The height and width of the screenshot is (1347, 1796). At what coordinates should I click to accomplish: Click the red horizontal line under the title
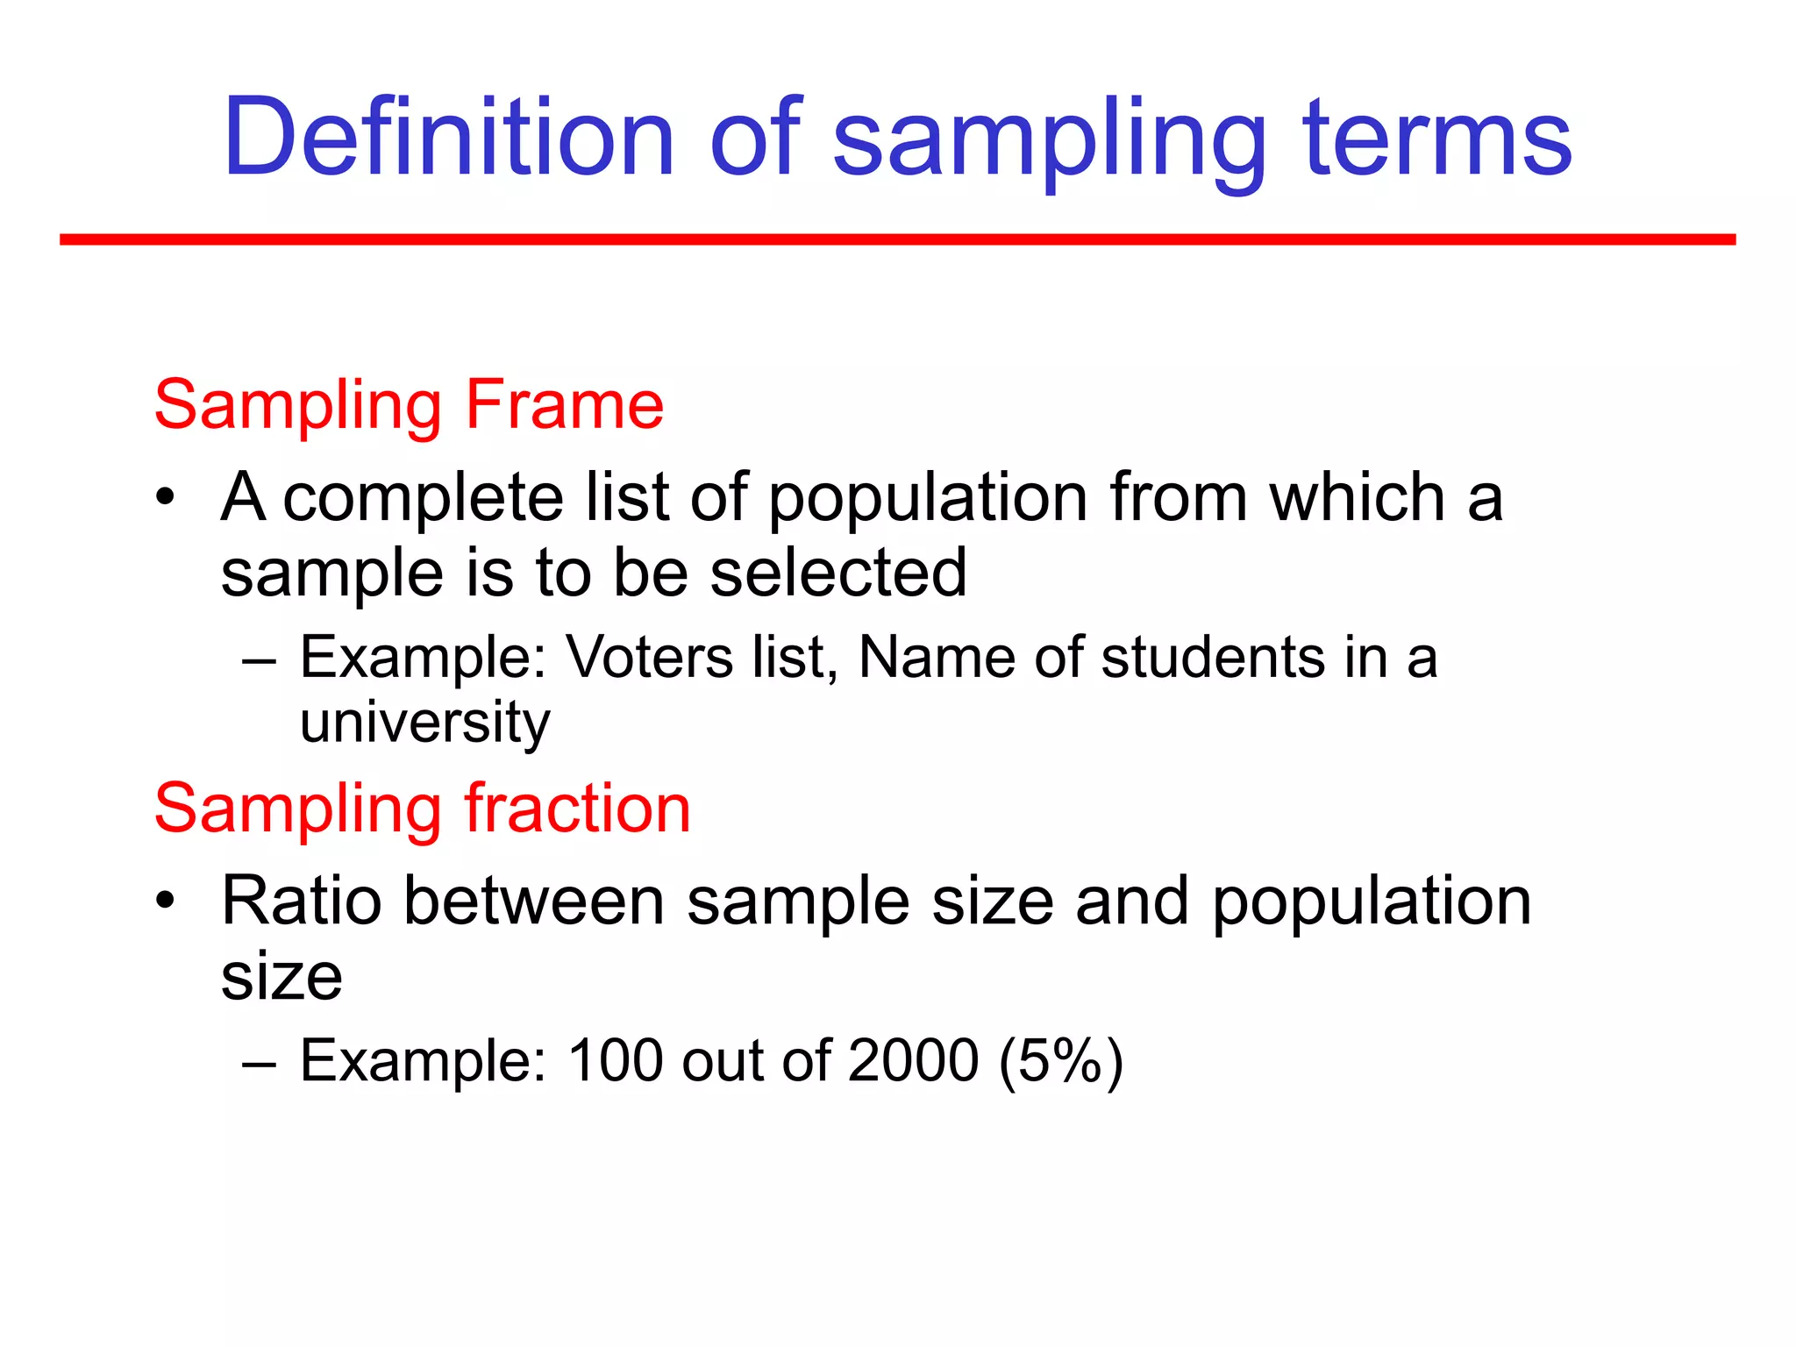tap(897, 239)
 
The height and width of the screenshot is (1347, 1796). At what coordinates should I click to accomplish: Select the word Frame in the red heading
tap(564, 404)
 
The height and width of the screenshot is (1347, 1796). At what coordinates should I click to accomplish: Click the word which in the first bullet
tap(1357, 496)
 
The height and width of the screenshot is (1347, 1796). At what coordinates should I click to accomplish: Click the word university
tap(424, 723)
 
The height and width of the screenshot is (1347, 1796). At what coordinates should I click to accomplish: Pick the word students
tap(1213, 657)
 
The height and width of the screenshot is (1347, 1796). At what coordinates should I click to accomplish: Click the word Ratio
tap(302, 901)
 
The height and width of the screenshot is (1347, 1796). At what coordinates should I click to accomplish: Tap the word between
tap(533, 901)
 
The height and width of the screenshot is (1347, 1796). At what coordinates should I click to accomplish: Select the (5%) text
tap(1061, 1060)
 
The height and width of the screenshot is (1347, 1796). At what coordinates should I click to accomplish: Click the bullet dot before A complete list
tap(166, 498)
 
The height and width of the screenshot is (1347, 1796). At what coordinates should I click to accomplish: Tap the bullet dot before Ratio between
tap(166, 901)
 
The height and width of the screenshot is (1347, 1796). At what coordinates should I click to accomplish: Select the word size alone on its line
tap(282, 977)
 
